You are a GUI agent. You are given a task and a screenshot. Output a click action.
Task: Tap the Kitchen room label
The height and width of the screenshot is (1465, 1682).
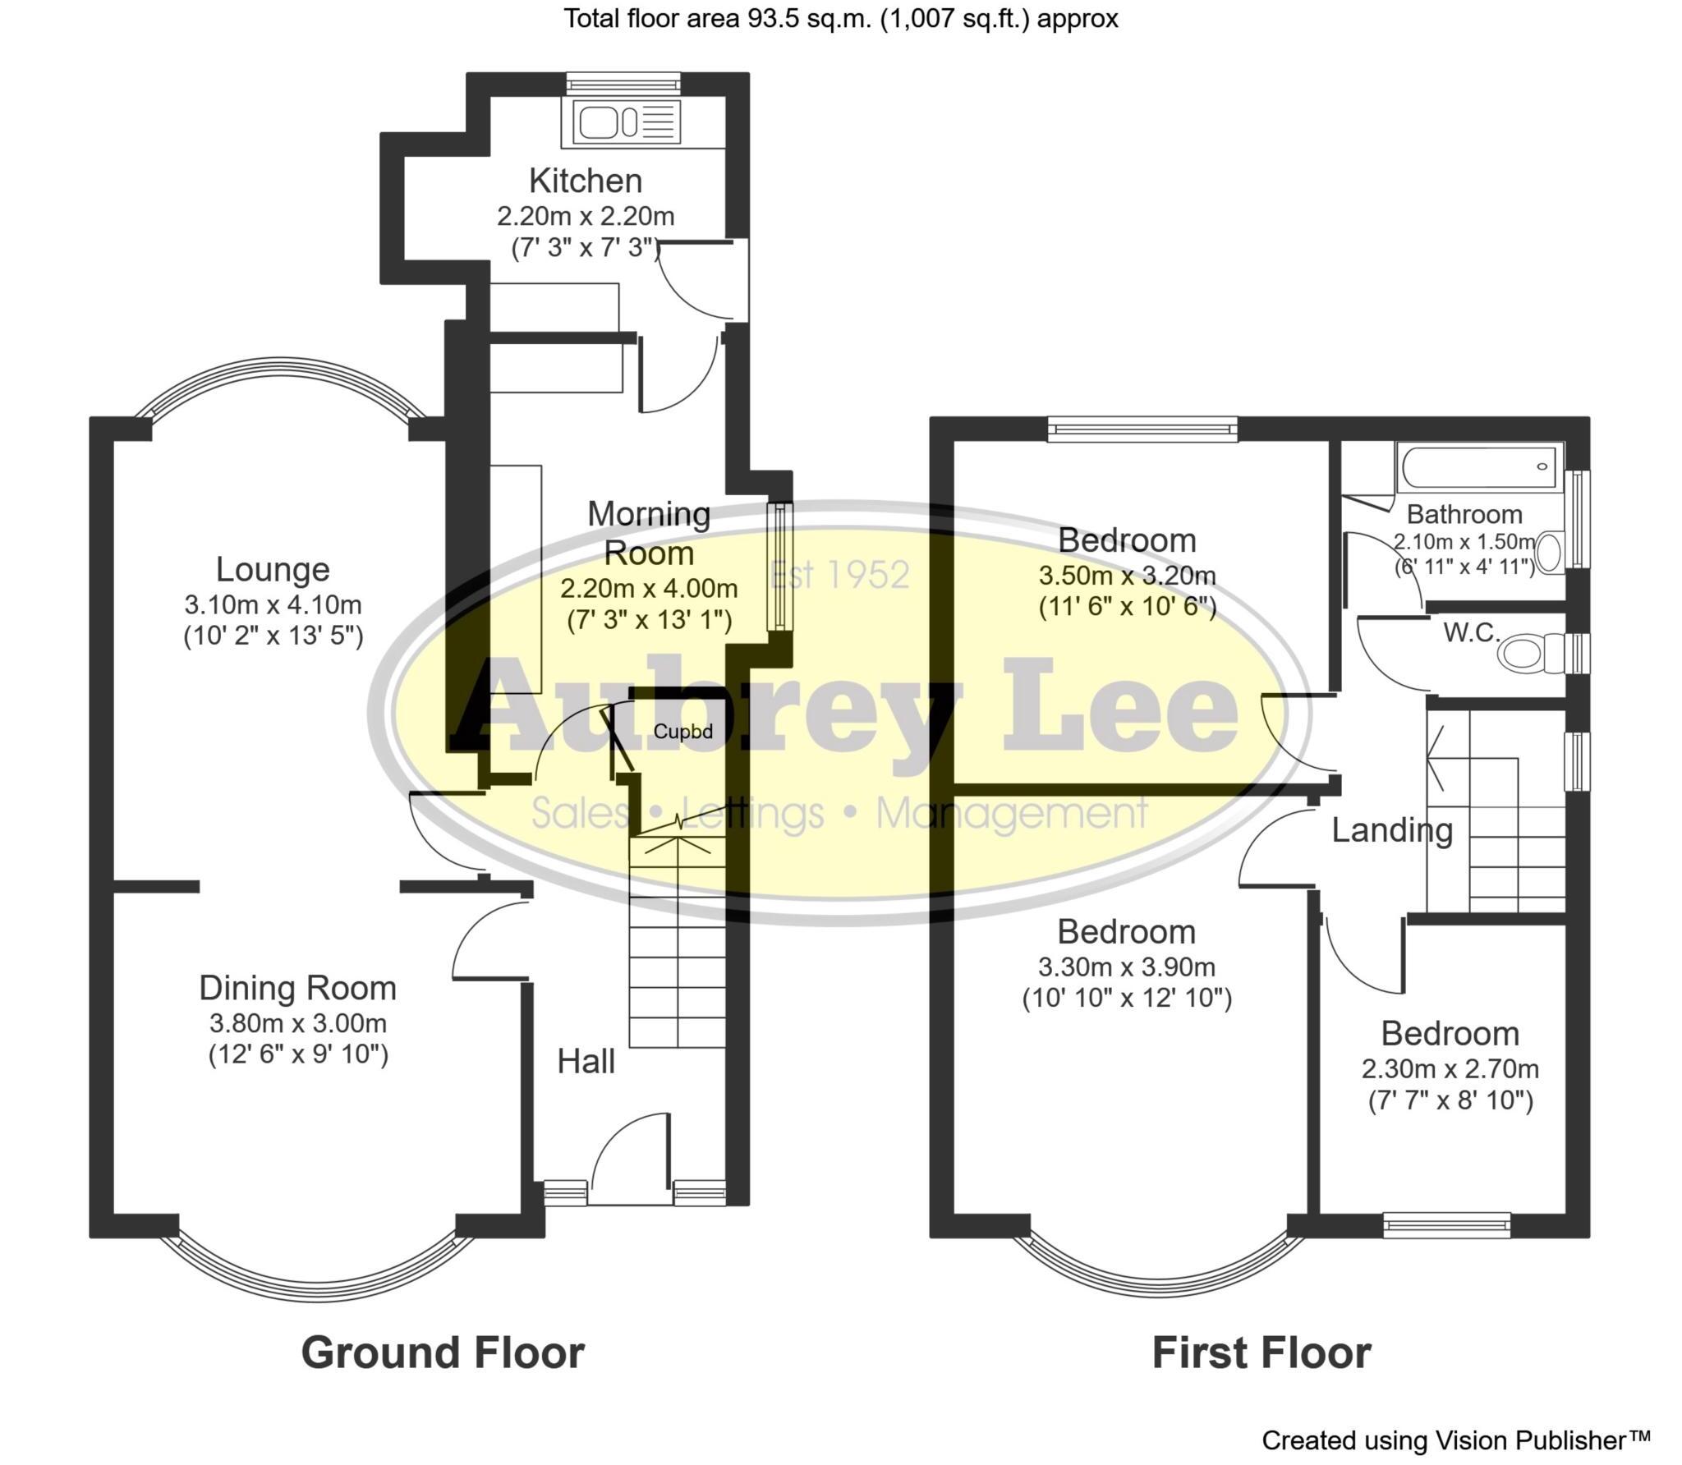tap(586, 181)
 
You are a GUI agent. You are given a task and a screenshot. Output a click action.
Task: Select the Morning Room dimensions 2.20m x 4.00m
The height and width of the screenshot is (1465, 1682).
tap(649, 589)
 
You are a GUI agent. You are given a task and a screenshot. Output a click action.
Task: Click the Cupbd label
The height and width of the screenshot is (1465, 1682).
tap(682, 731)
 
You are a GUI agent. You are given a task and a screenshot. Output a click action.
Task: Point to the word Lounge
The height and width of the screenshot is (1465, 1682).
tap(273, 569)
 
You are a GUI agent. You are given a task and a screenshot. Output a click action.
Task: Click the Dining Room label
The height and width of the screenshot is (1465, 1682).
tap(297, 988)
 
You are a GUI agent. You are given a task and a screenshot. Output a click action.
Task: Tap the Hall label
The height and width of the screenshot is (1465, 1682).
tap(586, 1062)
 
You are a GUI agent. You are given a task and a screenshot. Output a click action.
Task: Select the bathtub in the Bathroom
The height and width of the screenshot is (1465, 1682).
tap(1478, 468)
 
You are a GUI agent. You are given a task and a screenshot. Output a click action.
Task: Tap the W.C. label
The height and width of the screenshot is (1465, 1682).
tap(1472, 632)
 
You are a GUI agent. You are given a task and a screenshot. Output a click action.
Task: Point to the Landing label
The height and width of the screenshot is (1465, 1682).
tap(1391, 830)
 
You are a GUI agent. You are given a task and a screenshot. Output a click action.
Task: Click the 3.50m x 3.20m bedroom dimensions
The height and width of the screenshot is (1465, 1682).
tap(1127, 575)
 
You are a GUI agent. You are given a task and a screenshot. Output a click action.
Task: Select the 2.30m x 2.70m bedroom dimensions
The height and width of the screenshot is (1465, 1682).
tap(1450, 1069)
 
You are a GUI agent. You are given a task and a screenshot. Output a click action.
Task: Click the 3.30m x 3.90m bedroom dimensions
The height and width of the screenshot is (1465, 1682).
tap(1127, 967)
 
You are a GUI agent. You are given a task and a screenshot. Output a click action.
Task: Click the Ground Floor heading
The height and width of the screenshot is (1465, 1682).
tap(443, 1352)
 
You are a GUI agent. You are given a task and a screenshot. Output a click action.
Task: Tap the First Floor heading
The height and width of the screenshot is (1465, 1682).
tap(1261, 1352)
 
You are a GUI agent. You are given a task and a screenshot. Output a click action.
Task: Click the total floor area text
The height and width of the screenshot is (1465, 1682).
tap(840, 18)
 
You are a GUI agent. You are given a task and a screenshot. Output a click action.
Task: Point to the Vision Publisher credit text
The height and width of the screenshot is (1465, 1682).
tap(1455, 1440)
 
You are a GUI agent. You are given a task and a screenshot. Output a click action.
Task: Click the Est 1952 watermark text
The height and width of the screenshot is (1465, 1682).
tap(840, 575)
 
